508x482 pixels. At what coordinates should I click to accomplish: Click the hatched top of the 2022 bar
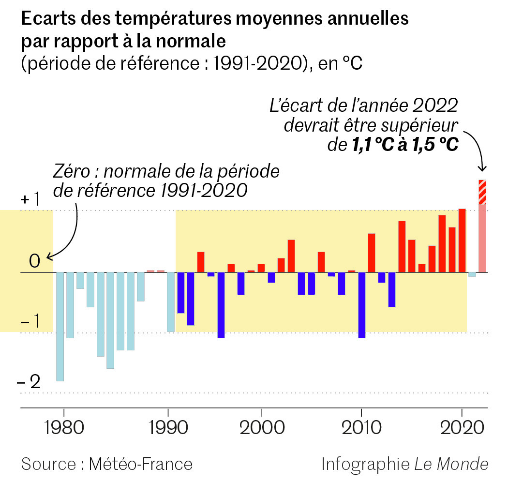[482, 192]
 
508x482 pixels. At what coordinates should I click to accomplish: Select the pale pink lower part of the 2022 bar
[482, 238]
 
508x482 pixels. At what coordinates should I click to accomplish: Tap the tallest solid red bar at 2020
[462, 241]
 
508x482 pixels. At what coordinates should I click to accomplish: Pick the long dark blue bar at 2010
[361, 305]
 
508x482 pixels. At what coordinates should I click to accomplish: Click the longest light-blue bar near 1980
[60, 327]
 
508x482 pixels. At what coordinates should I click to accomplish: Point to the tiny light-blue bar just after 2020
[472, 274]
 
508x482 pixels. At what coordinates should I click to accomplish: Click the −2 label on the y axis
[29, 382]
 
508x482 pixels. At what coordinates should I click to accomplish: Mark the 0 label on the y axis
[34, 262]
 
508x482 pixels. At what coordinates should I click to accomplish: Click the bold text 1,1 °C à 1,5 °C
[403, 145]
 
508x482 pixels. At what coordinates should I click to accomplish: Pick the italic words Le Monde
[451, 464]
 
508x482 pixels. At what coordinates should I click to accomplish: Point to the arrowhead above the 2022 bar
[482, 168]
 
